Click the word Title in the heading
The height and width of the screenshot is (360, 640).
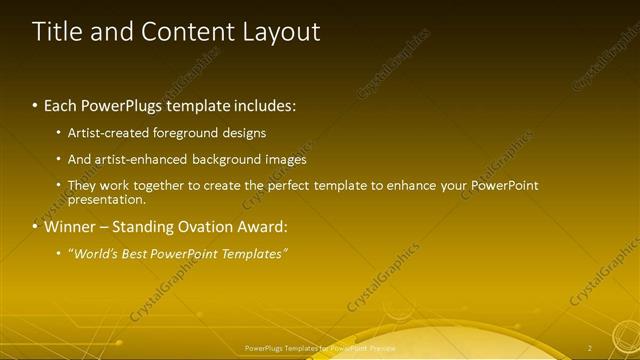tap(58, 32)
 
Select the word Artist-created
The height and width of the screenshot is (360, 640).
tap(105, 133)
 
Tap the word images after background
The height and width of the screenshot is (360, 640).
tap(283, 159)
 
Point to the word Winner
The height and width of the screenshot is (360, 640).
tap(70, 226)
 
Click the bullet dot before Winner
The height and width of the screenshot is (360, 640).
tap(37, 226)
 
